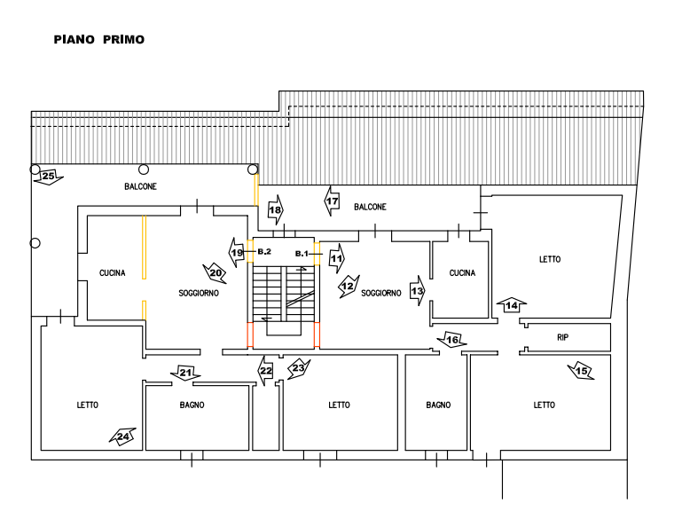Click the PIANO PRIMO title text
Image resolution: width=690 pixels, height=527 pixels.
point(99,40)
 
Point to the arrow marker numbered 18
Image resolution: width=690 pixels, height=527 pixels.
point(276,210)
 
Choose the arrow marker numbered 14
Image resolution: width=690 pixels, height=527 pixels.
point(512,305)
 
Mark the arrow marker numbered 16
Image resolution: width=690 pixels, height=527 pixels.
point(453,340)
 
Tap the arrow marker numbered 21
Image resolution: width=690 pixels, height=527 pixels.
point(185,373)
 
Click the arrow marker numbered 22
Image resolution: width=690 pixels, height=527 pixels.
point(265,370)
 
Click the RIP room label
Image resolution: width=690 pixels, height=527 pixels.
point(562,337)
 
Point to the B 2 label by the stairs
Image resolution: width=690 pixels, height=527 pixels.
point(264,253)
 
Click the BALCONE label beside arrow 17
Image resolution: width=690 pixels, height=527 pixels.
point(370,207)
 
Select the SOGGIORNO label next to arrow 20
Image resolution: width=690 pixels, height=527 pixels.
point(198,293)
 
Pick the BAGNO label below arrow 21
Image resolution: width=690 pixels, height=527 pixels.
point(192,405)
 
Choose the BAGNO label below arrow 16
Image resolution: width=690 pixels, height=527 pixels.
point(438,405)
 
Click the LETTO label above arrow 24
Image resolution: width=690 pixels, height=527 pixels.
point(88,405)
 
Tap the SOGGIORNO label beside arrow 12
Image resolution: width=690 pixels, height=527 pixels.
point(380,293)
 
